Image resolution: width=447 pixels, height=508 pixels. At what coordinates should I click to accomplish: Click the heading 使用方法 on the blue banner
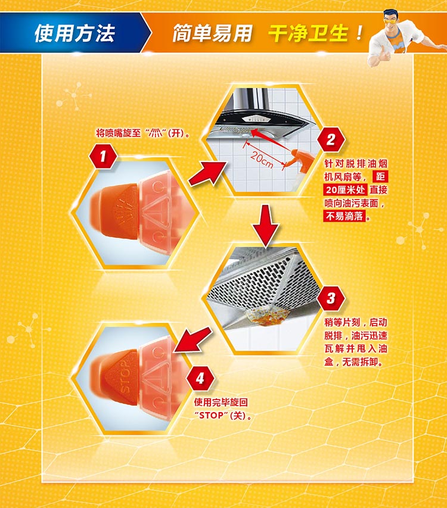74,33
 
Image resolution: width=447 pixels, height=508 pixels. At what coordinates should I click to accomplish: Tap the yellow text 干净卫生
308,33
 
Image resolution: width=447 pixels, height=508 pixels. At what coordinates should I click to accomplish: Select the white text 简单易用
212,33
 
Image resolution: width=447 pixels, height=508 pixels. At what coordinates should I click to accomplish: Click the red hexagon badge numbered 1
103,157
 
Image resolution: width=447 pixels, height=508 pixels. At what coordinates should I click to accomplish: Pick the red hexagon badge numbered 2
331,139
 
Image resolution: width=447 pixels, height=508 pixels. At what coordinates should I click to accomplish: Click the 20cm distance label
262,160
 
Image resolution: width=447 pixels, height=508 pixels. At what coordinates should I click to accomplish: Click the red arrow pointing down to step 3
265,226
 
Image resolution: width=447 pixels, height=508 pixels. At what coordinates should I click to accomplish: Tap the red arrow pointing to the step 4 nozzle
194,339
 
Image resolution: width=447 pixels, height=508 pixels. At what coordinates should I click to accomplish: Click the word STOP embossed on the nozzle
125,376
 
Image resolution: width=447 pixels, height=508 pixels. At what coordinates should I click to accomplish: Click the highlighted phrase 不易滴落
344,216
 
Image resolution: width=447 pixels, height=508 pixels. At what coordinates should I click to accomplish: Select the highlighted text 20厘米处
345,190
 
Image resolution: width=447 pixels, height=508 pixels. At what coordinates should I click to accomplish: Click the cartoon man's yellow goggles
392,20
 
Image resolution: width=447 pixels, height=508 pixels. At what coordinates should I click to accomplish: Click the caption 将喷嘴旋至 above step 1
118,133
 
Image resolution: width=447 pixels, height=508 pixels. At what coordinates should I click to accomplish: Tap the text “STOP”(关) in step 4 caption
223,415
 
